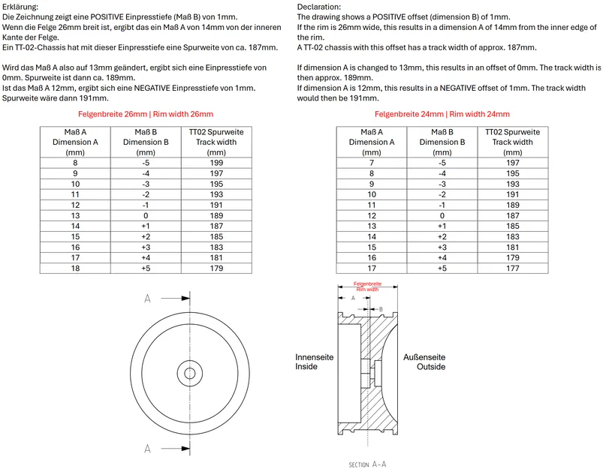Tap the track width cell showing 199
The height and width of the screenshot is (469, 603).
[216, 162]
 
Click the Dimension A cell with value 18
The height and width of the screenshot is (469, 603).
[74, 268]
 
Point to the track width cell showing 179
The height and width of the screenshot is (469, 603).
[216, 268]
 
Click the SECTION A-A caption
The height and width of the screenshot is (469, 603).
[368, 464]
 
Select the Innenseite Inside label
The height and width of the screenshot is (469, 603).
[309, 362]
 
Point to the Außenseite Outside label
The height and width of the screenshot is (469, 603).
[424, 362]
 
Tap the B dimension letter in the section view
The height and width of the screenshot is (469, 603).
[381, 308]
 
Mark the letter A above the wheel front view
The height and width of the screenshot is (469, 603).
[147, 299]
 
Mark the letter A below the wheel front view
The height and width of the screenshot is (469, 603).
[147, 449]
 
